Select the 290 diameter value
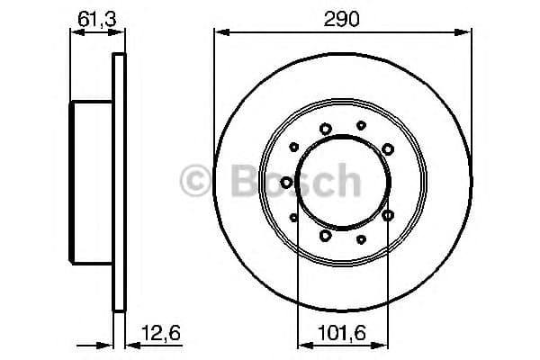[x=342, y=17]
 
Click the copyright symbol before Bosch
[x=196, y=182]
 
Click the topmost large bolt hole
[x=326, y=128]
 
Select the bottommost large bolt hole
[x=326, y=236]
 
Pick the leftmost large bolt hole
[x=286, y=182]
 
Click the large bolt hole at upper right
[x=387, y=148]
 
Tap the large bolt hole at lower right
[x=387, y=215]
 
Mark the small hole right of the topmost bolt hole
[x=361, y=125]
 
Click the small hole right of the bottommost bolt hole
[x=361, y=238]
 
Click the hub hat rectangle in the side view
[x=91, y=183]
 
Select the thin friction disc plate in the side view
[x=119, y=183]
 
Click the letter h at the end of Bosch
[x=346, y=182]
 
